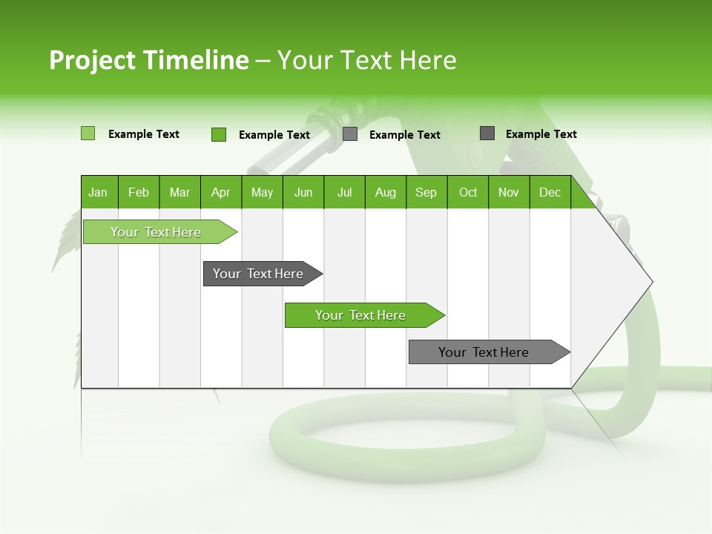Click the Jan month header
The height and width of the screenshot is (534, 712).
tap(99, 192)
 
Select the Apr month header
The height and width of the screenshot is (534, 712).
tap(221, 192)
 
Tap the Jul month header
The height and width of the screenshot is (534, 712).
tap(345, 192)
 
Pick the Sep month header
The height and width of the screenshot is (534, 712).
tap(426, 192)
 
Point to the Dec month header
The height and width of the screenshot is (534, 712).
tap(550, 192)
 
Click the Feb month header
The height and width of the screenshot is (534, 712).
tap(139, 192)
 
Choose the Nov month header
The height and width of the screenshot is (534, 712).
tap(509, 192)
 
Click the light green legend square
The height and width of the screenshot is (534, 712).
tap(88, 133)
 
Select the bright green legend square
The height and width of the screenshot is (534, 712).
tap(219, 134)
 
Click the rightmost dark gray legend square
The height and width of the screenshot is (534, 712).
tap(487, 133)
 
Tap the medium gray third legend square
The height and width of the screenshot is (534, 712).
tap(350, 134)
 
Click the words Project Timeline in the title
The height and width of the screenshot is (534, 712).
tap(148, 60)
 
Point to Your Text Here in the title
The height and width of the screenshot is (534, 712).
tap(367, 60)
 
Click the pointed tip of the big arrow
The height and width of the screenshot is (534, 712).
tap(650, 282)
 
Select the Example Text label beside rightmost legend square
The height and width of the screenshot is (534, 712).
tap(541, 134)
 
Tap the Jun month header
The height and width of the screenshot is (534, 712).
tap(303, 192)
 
